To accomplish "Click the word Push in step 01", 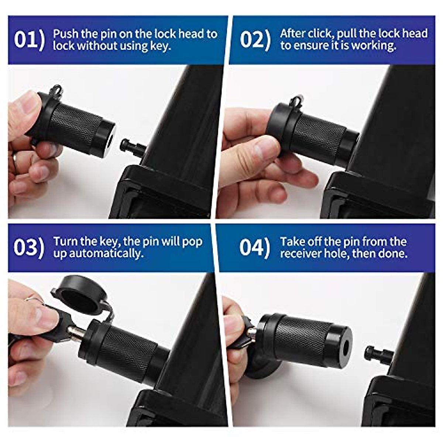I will click(66, 34).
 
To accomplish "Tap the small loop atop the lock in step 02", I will click(298, 100).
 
